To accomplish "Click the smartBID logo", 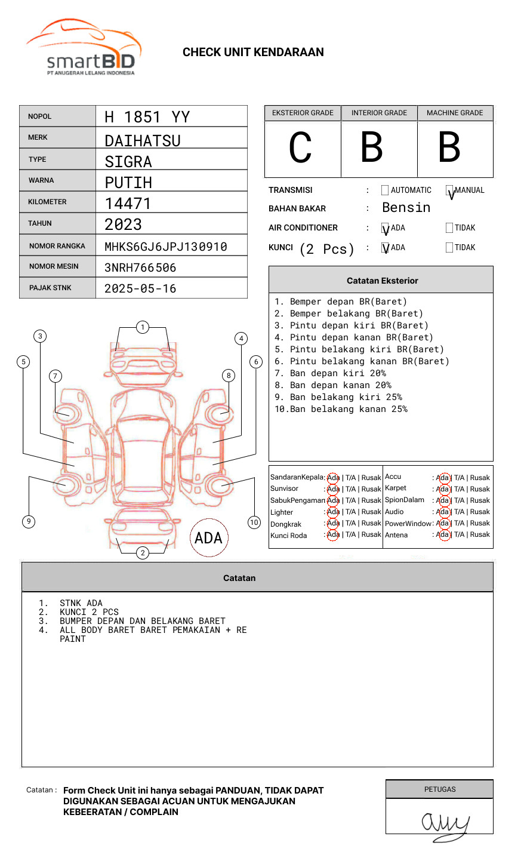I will click(84, 48).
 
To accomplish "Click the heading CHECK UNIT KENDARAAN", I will click(253, 53).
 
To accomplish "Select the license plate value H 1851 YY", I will click(147, 117).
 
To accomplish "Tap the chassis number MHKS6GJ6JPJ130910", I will click(166, 247).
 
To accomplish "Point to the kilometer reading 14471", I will click(128, 204).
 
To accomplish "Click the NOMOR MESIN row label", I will click(54, 266).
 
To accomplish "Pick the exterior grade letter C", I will click(300, 147).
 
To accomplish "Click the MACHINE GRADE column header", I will click(455, 113).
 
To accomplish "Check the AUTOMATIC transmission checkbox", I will click(385, 190).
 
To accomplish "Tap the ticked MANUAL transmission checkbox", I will click(449, 190).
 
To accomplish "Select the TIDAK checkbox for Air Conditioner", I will click(449, 227).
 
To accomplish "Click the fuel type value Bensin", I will click(406, 208).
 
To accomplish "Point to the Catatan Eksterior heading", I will click(382, 281).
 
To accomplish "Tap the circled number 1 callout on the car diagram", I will click(142, 327).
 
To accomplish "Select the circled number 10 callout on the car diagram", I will click(254, 522).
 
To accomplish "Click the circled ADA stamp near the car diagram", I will click(208, 538).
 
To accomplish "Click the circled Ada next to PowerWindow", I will click(443, 523).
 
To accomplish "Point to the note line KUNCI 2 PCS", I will click(89, 612).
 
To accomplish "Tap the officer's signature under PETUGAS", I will click(445, 823).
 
